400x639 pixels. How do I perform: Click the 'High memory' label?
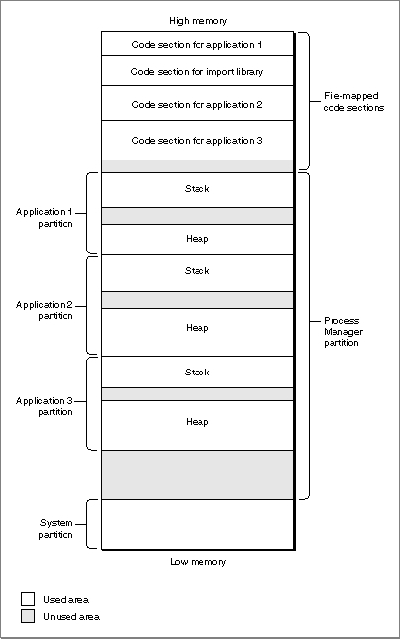click(x=198, y=21)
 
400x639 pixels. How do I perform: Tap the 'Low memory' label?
click(x=198, y=562)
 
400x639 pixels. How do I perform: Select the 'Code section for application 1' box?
click(x=198, y=44)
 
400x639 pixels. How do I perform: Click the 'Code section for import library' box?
click(x=198, y=71)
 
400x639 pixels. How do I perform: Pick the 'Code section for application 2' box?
click(x=198, y=103)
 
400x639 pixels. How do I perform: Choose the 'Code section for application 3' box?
click(x=198, y=141)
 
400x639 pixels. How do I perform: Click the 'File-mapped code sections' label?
click(x=353, y=102)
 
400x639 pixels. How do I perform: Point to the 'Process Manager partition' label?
click(x=343, y=331)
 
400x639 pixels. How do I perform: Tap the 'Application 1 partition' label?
click(x=45, y=218)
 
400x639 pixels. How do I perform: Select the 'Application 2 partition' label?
click(x=45, y=310)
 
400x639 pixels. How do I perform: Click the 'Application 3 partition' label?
click(x=45, y=406)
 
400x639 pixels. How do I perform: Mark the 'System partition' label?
click(x=56, y=529)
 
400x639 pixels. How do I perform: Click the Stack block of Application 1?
click(x=198, y=190)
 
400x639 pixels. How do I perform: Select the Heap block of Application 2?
click(x=198, y=332)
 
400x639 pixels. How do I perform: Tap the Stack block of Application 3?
click(x=198, y=373)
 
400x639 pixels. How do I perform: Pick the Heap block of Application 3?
click(x=198, y=425)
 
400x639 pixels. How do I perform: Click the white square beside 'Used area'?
click(x=28, y=599)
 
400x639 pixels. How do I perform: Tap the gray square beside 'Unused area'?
click(x=28, y=616)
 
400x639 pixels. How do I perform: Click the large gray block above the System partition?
click(x=198, y=475)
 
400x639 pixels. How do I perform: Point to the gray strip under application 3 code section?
click(x=198, y=166)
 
